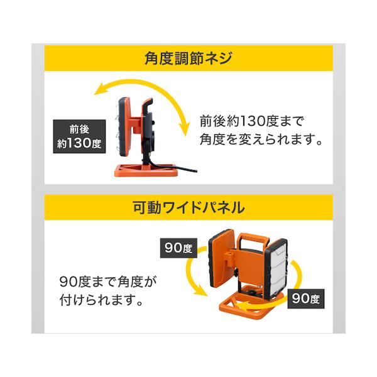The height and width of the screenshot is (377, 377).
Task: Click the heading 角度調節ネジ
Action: click(x=188, y=61)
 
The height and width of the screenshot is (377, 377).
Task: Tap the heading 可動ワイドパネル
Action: click(x=188, y=206)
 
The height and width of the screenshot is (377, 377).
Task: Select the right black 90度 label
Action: click(x=307, y=298)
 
